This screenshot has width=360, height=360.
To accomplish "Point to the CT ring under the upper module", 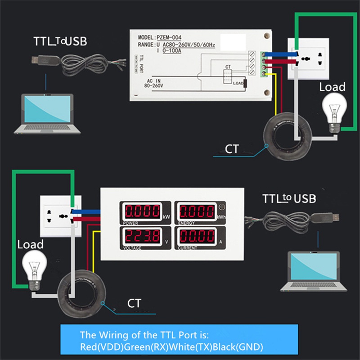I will coord(281,135).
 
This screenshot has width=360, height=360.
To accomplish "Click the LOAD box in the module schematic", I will coord(238,83).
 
